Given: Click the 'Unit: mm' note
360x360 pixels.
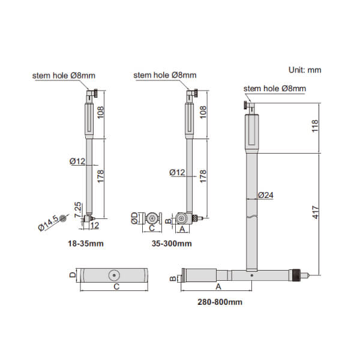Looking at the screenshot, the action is (305, 70).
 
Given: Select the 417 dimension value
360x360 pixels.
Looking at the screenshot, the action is (315, 212).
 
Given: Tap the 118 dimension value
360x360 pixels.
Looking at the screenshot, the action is (315, 126).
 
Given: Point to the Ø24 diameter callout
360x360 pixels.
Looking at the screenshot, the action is (265, 195).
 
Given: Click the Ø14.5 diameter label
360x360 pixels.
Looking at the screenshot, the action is (49, 223).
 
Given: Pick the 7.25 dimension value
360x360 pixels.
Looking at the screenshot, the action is (78, 209).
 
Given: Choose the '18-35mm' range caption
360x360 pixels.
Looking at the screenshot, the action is (86, 244).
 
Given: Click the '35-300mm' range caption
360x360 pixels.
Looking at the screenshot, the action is (172, 244).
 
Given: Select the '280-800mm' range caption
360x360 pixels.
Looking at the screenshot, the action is (220, 302).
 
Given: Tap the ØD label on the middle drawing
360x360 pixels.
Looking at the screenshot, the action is (134, 218).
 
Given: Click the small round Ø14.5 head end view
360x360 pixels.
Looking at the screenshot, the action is (62, 218).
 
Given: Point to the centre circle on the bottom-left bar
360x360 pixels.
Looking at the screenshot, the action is (114, 275).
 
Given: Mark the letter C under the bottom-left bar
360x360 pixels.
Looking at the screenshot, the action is (116, 287).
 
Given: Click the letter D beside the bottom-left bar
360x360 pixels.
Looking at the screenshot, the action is (73, 275).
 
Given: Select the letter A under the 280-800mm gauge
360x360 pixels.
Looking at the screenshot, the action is (218, 287).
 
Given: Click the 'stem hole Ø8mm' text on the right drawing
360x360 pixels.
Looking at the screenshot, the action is (275, 89).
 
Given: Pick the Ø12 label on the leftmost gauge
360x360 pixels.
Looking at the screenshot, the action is (77, 161).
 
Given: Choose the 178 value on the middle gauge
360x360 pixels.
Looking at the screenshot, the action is (203, 176).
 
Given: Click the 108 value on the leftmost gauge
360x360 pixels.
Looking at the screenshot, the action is (100, 112).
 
